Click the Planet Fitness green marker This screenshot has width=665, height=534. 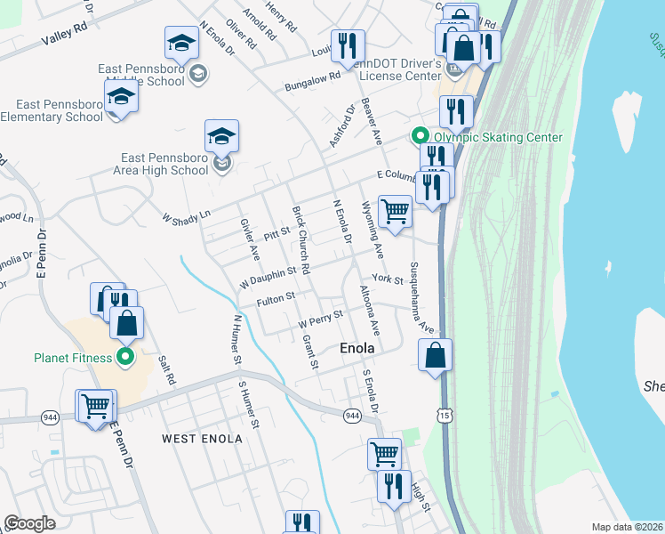click(x=124, y=358)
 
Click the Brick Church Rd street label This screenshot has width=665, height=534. click(x=300, y=239)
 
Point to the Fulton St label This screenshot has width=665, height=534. click(x=275, y=300)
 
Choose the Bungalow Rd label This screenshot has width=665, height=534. click(x=313, y=82)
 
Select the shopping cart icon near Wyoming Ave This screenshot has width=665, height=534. click(x=395, y=212)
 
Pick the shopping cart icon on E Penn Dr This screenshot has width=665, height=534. click(x=95, y=406)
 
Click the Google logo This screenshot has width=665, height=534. click(x=29, y=523)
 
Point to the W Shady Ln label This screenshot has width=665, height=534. click(x=187, y=215)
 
